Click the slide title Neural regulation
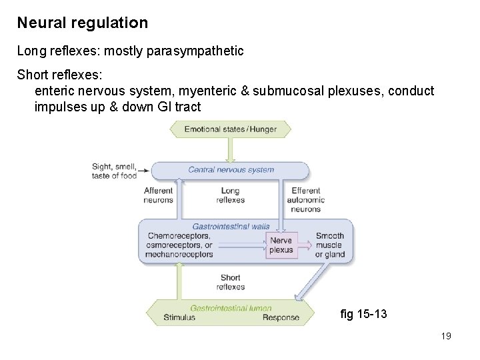click(x=83, y=23)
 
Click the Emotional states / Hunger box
click(x=230, y=129)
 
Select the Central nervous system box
click(x=231, y=169)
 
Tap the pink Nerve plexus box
click(x=281, y=245)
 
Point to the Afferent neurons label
click(x=158, y=195)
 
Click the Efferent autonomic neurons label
click(x=307, y=199)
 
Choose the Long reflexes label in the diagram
click(x=231, y=195)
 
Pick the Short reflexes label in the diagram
click(x=231, y=282)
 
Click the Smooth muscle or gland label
click(x=330, y=245)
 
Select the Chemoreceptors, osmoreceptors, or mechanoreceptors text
click(x=180, y=245)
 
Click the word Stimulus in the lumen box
click(x=179, y=317)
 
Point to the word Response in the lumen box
click(x=281, y=317)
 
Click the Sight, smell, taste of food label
click(x=114, y=171)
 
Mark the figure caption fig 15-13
click(x=363, y=314)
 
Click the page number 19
click(x=446, y=336)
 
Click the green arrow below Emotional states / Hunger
click(x=231, y=149)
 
